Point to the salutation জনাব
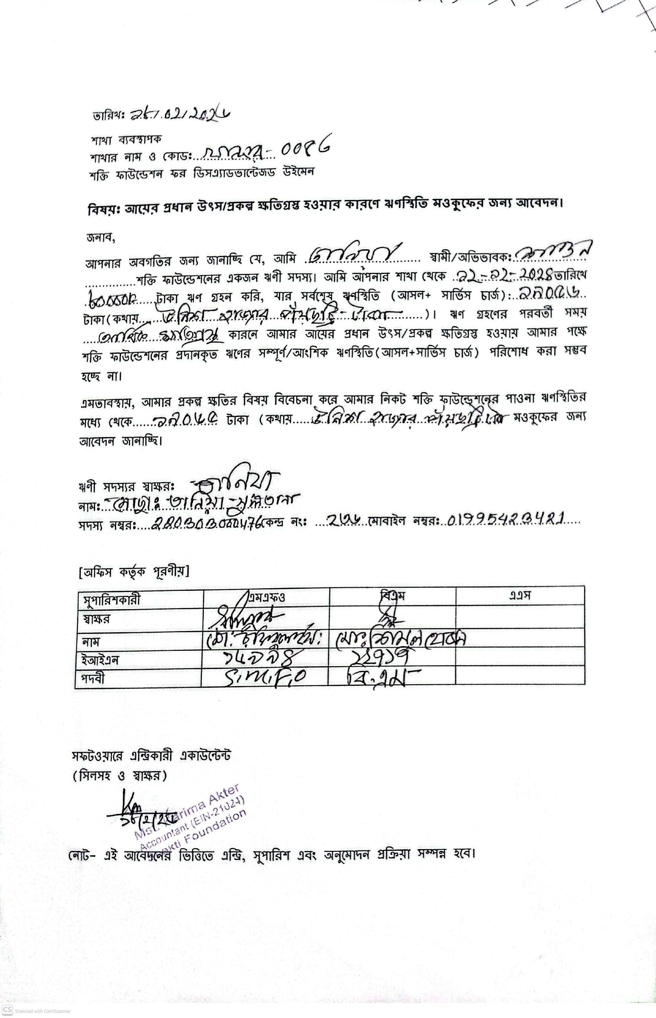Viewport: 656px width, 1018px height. (101, 238)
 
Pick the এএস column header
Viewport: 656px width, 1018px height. (520, 595)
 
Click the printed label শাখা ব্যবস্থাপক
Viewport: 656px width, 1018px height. (126, 139)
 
